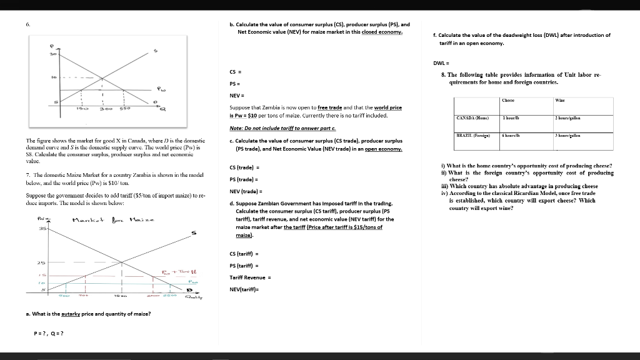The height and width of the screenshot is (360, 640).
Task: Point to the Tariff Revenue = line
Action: (250, 277)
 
